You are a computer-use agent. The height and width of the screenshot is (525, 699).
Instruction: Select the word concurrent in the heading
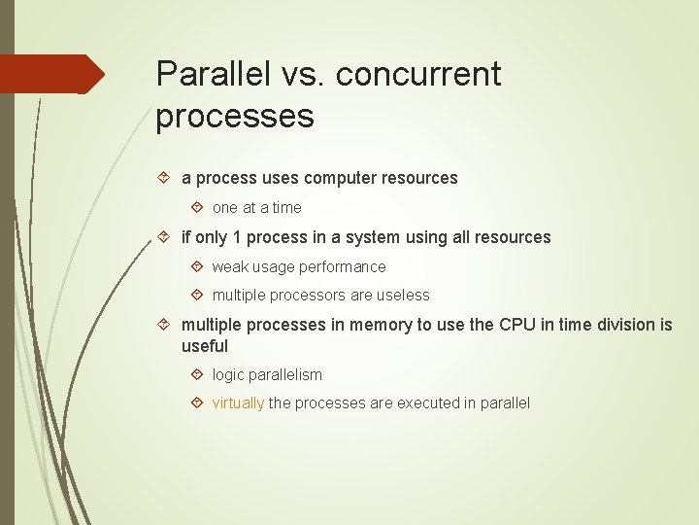421,74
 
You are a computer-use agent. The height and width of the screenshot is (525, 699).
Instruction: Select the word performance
342,266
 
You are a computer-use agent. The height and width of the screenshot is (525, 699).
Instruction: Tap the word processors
303,295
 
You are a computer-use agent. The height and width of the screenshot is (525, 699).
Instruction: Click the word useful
205,346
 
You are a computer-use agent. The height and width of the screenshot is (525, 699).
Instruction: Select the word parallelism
285,374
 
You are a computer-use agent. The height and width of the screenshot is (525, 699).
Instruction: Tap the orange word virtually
238,402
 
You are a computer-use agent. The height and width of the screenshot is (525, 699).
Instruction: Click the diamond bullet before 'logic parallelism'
197,374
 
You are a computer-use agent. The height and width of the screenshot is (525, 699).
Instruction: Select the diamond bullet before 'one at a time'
197,207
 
